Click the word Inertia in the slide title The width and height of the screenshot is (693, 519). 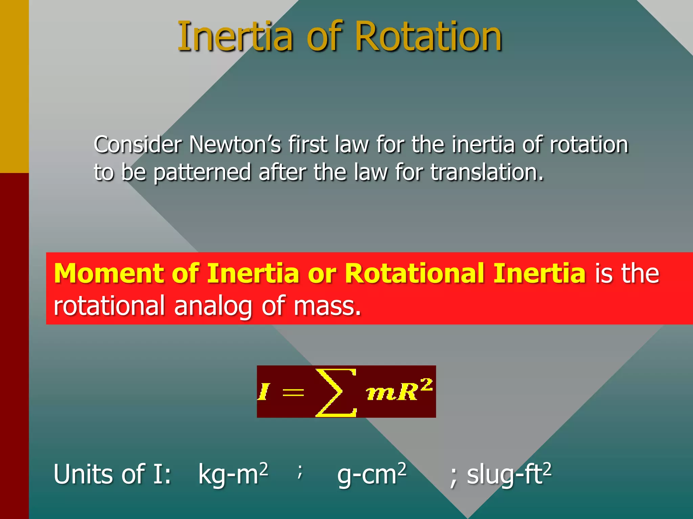[235, 36]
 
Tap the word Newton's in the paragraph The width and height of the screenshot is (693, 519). [235, 145]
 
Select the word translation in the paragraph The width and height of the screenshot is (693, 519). [487, 172]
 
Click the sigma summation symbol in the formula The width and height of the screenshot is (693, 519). [336, 392]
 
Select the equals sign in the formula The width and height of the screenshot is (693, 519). [293, 393]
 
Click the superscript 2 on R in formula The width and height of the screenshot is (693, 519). [427, 385]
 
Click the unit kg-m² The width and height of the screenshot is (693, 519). [233, 474]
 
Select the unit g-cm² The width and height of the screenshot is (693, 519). [372, 474]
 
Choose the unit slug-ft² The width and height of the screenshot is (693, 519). [509, 474]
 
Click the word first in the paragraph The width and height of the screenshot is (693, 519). [307, 145]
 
